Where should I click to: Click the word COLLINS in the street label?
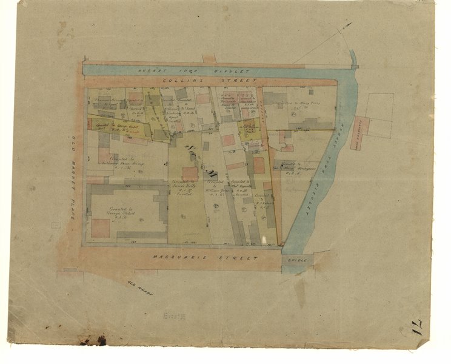pyautogui.click(x=182, y=80)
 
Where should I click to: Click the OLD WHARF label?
pyautogui.click(x=141, y=289)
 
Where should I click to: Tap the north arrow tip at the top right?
pyautogui.click(x=350, y=24)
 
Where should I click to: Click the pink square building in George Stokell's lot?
pyautogui.click(x=101, y=227)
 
